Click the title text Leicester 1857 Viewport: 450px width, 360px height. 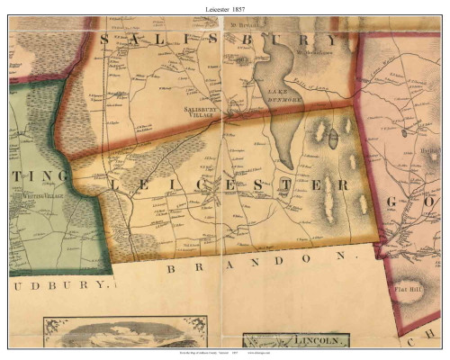224,7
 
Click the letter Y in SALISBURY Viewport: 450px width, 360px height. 331,40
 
